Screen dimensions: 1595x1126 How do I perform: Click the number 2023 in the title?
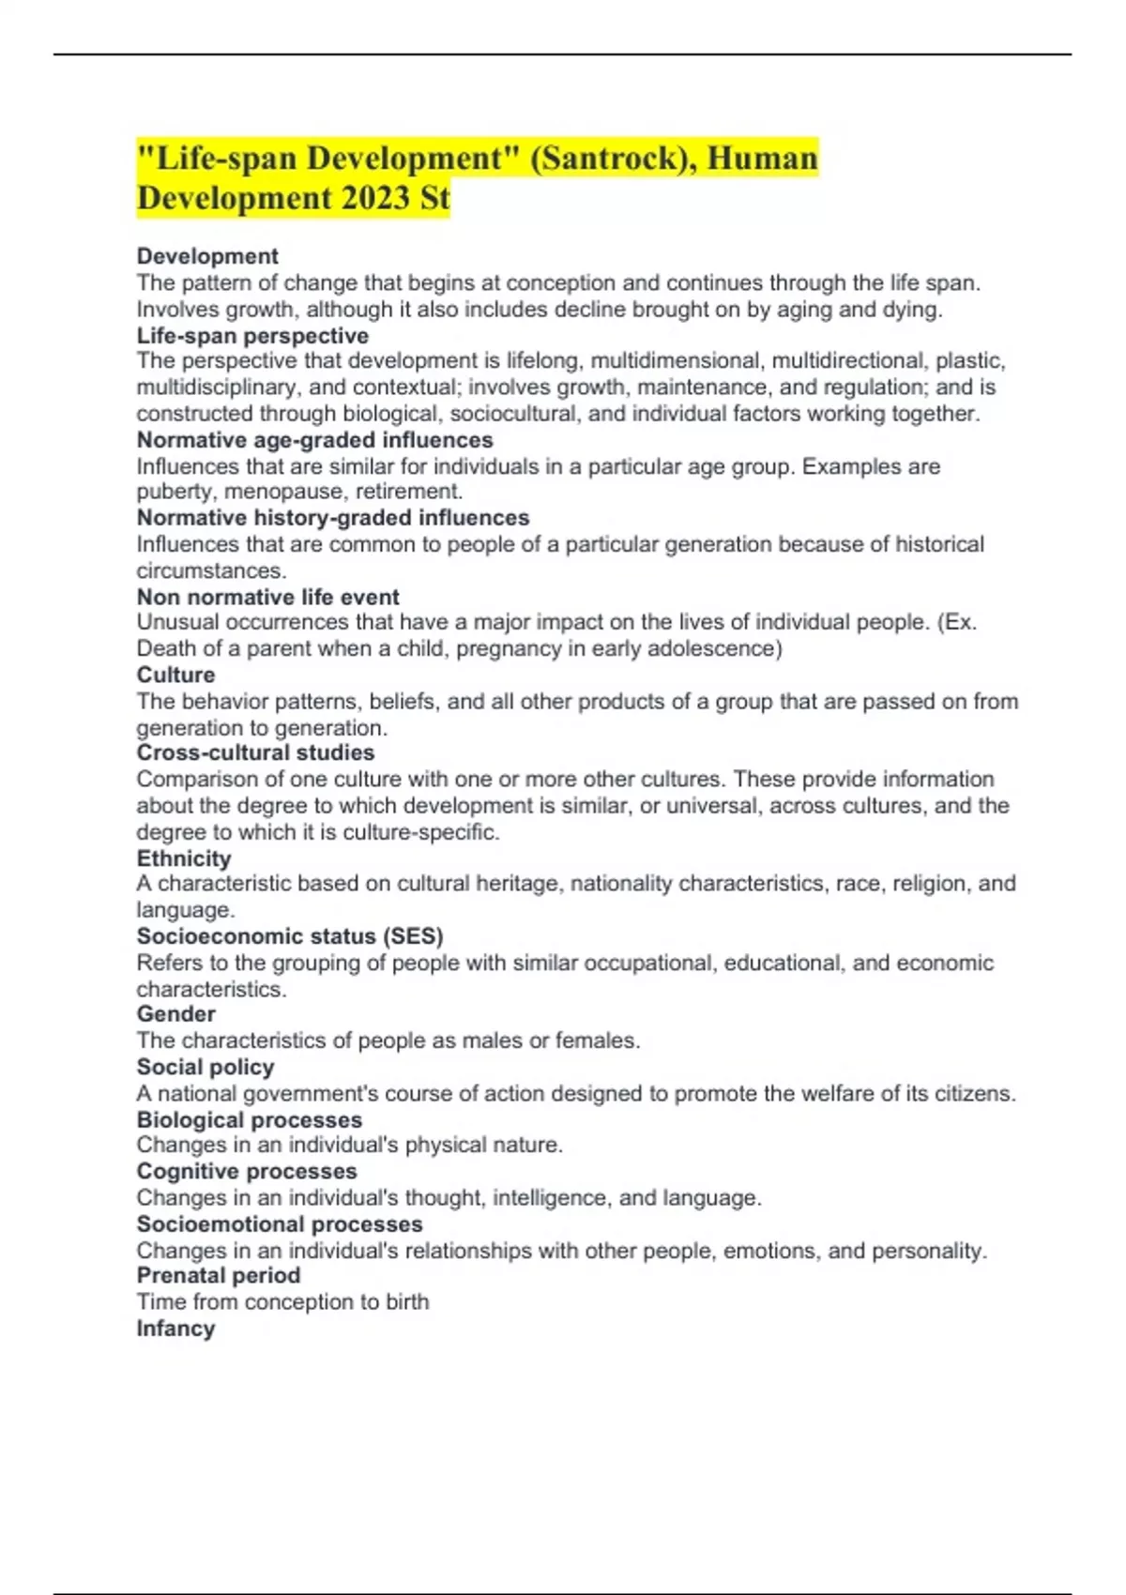pos(359,198)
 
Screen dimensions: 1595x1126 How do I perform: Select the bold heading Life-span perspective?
pos(252,336)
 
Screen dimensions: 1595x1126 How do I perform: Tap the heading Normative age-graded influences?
pos(314,440)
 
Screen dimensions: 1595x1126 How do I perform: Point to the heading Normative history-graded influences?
pos(333,518)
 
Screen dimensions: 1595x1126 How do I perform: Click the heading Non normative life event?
pos(267,597)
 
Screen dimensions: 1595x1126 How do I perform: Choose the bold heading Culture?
pos(175,675)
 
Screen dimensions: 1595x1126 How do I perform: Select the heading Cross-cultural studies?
pos(255,752)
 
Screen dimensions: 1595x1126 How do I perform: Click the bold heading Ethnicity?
pos(184,858)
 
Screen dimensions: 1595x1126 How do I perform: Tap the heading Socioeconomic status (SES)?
pos(290,936)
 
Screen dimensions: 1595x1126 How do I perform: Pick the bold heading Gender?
pos(176,1014)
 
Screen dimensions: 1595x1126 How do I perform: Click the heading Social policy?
pos(205,1067)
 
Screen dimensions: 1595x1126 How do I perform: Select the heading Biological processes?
pos(250,1119)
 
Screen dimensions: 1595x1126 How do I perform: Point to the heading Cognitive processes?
pos(247,1171)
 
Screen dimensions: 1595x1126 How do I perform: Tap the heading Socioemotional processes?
pos(280,1224)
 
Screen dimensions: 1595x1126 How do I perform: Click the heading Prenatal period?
pos(219,1276)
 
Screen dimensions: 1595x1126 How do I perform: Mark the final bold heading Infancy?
pos(175,1329)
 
